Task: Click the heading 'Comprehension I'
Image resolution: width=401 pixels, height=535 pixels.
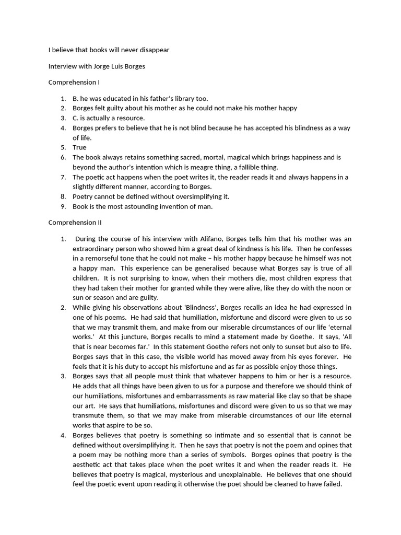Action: pos(74,82)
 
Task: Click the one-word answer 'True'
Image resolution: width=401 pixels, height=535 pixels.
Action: pos(79,147)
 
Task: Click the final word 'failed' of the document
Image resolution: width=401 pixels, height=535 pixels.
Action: pos(332,484)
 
